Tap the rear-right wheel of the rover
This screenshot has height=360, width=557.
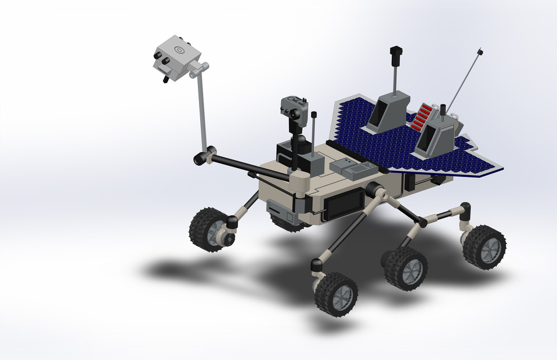[484, 246]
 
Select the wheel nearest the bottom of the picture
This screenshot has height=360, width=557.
[336, 294]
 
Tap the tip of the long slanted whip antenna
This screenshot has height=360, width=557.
[481, 53]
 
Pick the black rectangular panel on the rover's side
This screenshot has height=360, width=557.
[343, 205]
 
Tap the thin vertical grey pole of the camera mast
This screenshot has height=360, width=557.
[202, 110]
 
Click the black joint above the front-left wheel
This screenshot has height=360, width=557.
[232, 221]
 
